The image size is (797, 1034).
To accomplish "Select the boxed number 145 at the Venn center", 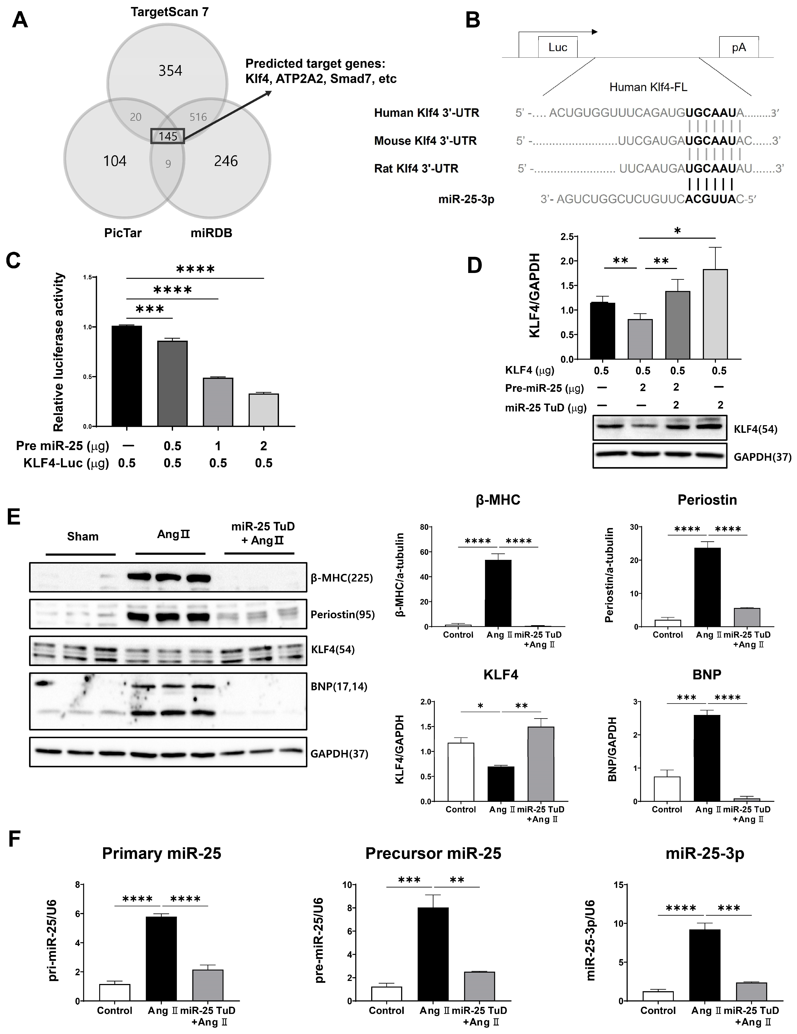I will (168, 136).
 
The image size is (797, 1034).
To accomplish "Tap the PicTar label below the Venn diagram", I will (123, 233).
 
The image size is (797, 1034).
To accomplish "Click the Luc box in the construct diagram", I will (557, 47).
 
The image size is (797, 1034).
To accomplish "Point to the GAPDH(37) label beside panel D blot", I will (762, 457).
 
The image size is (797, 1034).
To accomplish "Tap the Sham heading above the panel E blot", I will (83, 536).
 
